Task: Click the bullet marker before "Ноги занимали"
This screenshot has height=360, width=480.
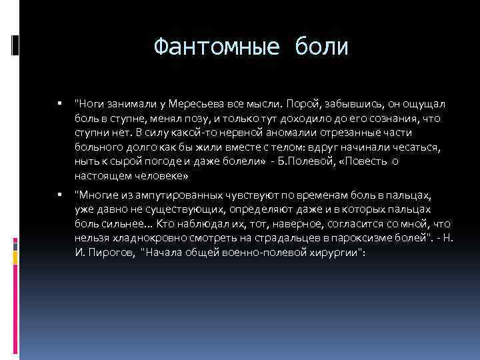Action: click(59, 104)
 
